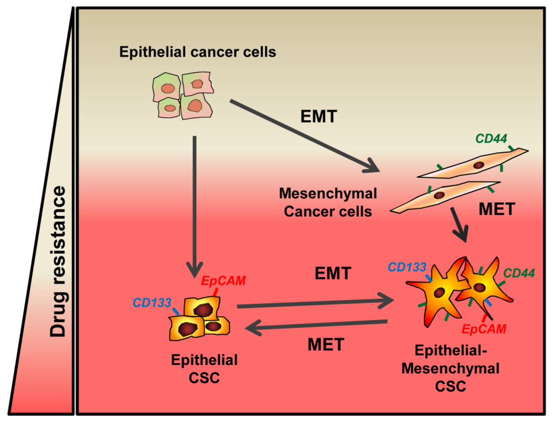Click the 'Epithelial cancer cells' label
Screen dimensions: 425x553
coord(198,52)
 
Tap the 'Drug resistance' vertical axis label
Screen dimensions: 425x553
coord(58,262)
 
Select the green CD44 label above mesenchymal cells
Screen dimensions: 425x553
coord(490,139)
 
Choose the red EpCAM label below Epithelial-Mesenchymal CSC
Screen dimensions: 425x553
coord(484,328)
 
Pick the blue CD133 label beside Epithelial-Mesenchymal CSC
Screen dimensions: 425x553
coord(407,267)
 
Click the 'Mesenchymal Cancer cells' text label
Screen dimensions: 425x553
coord(328,202)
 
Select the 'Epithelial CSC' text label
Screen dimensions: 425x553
coord(204,368)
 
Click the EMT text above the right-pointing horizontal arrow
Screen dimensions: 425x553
coord(333,273)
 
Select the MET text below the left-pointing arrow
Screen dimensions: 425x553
coord(325,344)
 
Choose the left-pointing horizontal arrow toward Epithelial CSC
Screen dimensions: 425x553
coord(316,325)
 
